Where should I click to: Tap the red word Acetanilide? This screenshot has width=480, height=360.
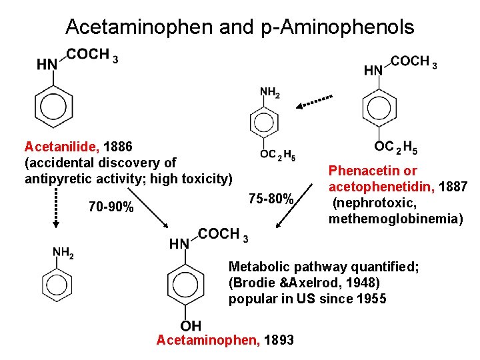click(62, 146)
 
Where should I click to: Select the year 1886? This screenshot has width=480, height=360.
click(120, 146)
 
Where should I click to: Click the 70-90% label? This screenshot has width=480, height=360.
click(111, 207)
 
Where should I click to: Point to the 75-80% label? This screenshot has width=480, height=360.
click(271, 199)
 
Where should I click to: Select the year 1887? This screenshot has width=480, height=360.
click(453, 186)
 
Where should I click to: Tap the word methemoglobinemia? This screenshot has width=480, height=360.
click(396, 218)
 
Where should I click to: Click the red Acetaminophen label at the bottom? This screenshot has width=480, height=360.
click(208, 340)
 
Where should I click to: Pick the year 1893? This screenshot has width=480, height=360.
click(279, 340)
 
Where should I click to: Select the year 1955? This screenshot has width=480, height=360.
click(371, 299)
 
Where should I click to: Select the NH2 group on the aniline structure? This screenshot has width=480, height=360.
click(63, 253)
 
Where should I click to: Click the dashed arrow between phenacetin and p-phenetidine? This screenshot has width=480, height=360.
click(315, 102)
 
